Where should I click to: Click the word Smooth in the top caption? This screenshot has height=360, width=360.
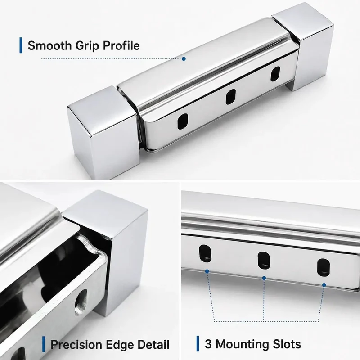49,45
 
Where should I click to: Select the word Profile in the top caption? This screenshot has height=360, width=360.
121,45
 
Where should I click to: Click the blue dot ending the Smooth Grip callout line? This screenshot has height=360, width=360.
184,59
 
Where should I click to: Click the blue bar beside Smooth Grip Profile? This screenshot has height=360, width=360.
21,45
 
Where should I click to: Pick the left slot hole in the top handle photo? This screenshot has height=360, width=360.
183,121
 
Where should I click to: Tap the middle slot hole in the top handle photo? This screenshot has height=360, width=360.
231,97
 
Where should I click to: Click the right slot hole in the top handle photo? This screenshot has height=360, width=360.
275,74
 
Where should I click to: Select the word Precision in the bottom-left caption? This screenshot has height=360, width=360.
76,344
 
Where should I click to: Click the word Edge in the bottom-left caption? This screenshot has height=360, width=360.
120,345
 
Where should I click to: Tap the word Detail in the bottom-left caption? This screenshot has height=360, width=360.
153,344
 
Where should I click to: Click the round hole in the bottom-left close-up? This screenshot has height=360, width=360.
81,301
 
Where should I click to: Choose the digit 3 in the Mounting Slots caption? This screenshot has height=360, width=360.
208,344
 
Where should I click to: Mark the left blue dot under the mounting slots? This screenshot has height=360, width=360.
207,271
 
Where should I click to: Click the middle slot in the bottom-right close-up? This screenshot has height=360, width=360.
264,261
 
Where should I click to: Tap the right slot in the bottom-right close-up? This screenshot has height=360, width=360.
324,267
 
